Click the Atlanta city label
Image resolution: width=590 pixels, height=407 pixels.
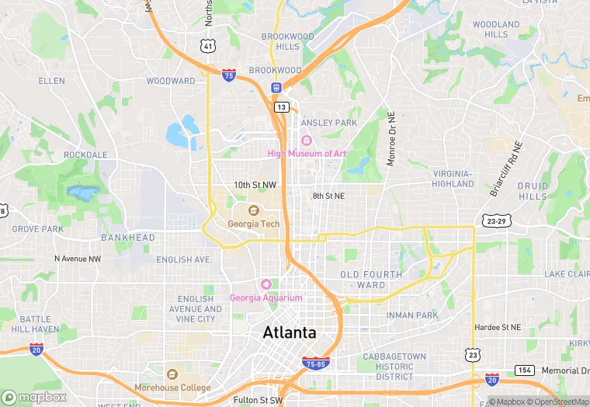290,332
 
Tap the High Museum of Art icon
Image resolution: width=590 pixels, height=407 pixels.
306,141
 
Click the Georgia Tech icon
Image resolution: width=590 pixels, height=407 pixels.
253,210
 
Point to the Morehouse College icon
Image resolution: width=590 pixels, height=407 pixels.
172,374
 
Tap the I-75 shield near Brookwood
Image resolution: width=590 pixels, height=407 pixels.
229,75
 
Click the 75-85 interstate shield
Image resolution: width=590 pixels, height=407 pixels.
316,362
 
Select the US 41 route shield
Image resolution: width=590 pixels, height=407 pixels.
207,46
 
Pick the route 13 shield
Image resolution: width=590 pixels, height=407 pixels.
281,106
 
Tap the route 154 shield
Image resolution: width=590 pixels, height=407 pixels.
525,370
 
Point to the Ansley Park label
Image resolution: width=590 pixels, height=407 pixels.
329,123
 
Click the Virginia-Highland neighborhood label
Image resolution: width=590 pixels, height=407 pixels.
453,179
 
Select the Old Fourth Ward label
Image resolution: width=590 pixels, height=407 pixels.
371,280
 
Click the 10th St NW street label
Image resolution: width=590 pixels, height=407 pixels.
255,185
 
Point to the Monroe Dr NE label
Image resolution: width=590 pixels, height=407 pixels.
391,140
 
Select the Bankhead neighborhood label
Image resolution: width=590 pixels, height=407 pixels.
127,238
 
